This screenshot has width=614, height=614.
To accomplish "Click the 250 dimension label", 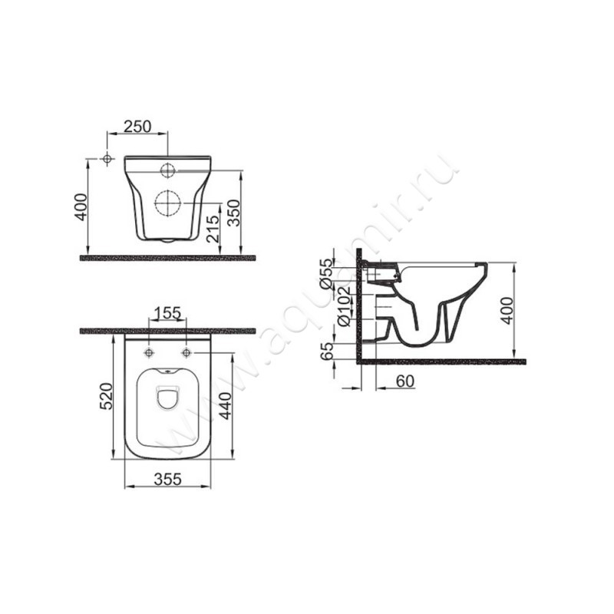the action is point(137,127).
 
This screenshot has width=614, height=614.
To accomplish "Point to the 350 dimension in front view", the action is point(234,213).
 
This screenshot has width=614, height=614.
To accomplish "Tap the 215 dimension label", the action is point(214,229).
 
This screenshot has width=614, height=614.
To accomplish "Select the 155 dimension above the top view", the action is point(167,313).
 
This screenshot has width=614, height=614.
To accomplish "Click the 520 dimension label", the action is point(106,396).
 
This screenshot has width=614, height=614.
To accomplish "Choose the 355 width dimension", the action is point(167,479).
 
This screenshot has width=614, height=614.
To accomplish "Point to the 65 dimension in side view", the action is point(327,351).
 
